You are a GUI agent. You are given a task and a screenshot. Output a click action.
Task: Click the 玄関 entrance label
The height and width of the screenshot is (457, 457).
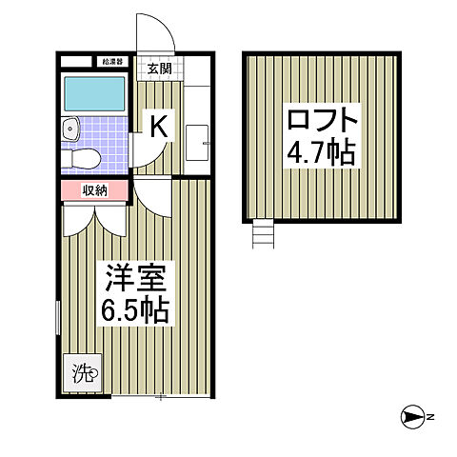pyautogui.click(x=160, y=68)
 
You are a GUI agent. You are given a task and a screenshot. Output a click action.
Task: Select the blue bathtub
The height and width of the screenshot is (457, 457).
pyautogui.click(x=93, y=94)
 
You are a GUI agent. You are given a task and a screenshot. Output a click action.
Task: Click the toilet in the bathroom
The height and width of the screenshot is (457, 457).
pyautogui.click(x=84, y=156)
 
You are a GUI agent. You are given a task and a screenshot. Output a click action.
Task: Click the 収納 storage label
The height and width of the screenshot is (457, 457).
pyautogui.click(x=95, y=190)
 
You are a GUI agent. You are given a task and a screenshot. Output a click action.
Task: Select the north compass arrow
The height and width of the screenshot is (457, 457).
pyautogui.click(x=411, y=417)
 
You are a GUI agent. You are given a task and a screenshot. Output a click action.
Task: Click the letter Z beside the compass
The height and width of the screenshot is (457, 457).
pyautogui.click(x=430, y=417)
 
